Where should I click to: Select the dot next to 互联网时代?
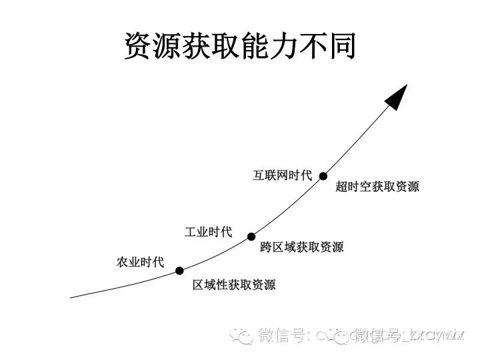tap(323, 176)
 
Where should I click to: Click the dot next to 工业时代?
tap(251, 236)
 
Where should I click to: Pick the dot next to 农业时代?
tap(179, 271)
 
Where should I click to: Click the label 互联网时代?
tap(282, 175)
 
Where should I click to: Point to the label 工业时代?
tap(208, 232)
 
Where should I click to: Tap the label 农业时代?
tap(140, 262)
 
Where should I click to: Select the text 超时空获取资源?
tap(377, 187)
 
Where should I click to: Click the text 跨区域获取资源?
tap(301, 247)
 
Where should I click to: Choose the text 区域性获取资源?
tap(234, 285)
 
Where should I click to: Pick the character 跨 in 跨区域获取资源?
tap(266, 247)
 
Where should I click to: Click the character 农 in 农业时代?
tap(123, 262)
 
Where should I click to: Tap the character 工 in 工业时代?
tap(191, 232)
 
